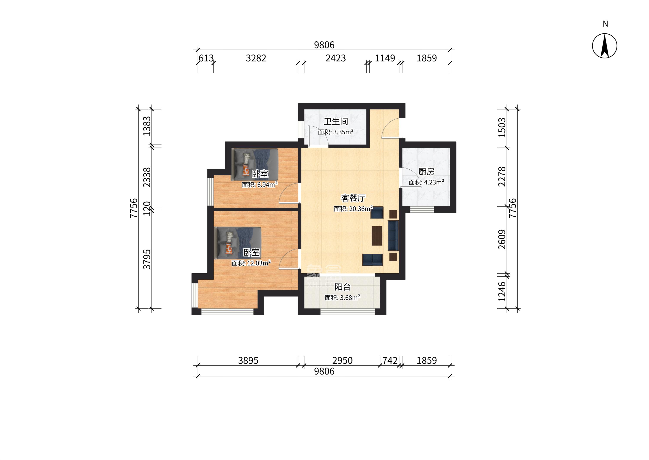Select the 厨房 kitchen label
[426, 172]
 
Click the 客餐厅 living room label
[353, 198]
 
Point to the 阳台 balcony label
[343, 287]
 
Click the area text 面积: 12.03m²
[251, 263]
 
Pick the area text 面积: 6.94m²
[259, 185]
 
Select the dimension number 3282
[256, 58]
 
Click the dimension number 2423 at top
[336, 58]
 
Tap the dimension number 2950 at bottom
[343, 361]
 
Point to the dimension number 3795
[147, 259]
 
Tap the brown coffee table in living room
[377, 235]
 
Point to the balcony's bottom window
[348, 312]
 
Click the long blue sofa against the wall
[393, 236]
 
